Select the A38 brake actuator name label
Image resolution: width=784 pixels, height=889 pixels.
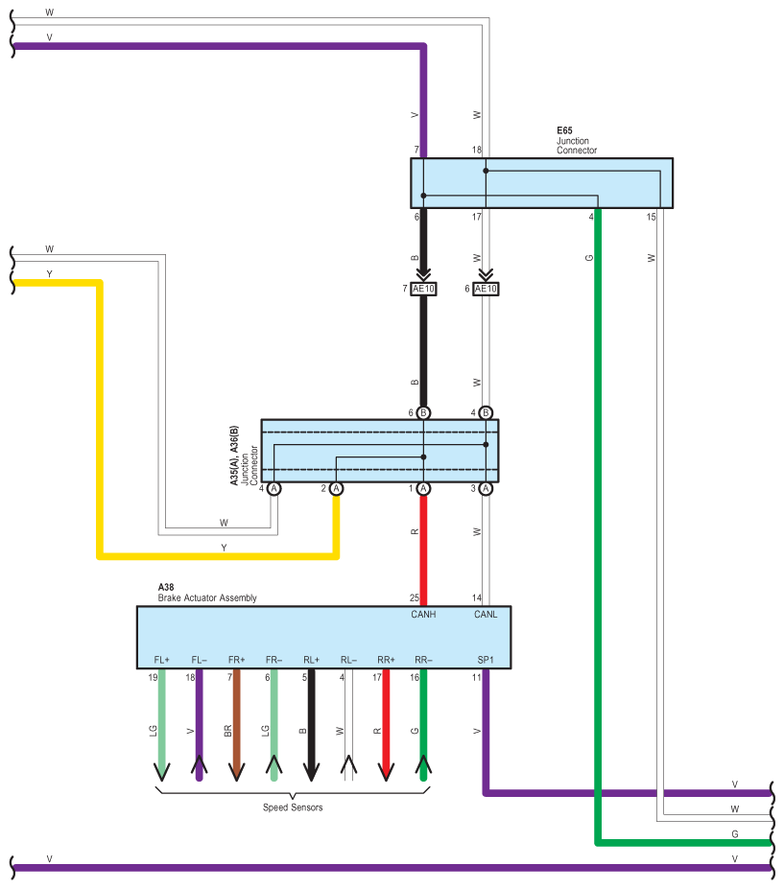point(166,586)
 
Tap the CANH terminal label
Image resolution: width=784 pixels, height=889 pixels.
point(423,615)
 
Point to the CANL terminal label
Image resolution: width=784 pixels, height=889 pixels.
point(486,615)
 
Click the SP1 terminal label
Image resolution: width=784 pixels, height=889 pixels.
point(486,660)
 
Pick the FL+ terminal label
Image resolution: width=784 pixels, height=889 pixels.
point(161,660)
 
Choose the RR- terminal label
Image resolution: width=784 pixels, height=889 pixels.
point(423,660)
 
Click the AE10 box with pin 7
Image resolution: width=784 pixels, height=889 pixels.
point(423,289)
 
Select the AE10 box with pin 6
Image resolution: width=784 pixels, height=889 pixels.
point(487,289)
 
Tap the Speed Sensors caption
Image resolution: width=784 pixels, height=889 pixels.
point(293,807)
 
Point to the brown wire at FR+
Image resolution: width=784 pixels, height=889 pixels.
point(236,719)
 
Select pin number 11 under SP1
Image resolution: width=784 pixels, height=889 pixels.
point(476,678)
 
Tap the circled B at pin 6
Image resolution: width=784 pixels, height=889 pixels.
point(423,412)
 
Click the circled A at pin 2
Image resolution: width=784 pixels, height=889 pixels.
point(336,488)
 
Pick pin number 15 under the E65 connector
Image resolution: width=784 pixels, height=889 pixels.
point(652,217)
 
